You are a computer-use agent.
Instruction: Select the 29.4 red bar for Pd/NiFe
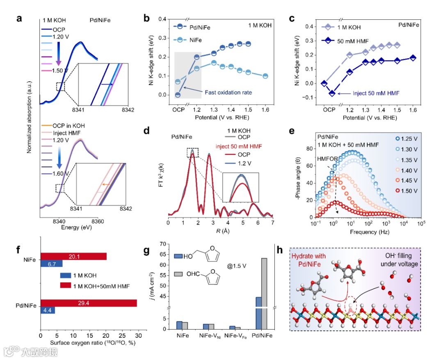point(88,303)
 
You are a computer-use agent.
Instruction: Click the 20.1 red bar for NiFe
point(73,256)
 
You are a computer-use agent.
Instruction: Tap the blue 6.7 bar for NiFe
point(51,264)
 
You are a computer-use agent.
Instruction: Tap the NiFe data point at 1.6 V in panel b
point(265,76)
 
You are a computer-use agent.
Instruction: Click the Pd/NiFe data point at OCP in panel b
point(178,95)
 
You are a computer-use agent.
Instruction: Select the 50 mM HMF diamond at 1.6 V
point(413,58)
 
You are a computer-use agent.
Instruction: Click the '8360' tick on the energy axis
point(100,221)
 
